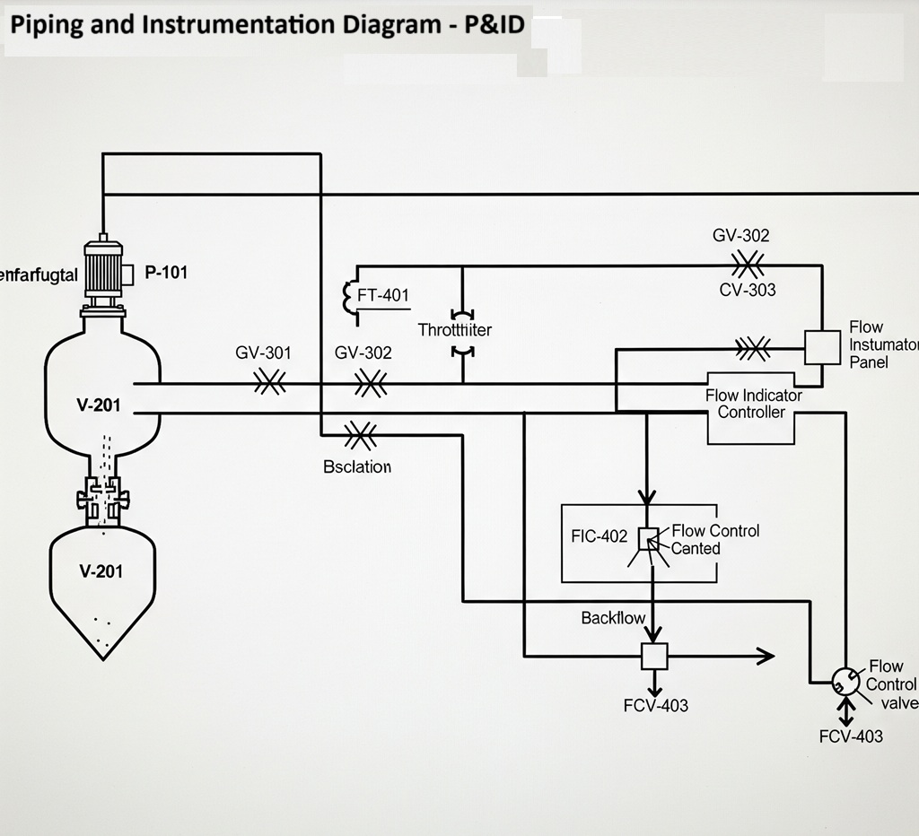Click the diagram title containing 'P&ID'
[x=267, y=24]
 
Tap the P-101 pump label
[x=166, y=273]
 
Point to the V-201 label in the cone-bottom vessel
[x=101, y=571]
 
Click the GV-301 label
[x=263, y=353]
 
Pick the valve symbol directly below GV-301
[x=269, y=384]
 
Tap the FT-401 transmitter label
[x=383, y=294]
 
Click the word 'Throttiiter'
[x=455, y=330]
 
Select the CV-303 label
[x=748, y=290]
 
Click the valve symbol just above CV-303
[x=747, y=265]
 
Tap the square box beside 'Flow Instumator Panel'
[x=822, y=346]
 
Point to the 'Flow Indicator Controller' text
[x=753, y=404]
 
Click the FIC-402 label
[x=599, y=536]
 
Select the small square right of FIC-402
[x=648, y=538]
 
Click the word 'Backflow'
[x=613, y=618]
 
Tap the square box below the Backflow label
[x=654, y=657]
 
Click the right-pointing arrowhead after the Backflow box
[x=765, y=657]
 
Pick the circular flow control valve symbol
[x=845, y=682]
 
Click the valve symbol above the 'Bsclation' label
[x=359, y=436]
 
